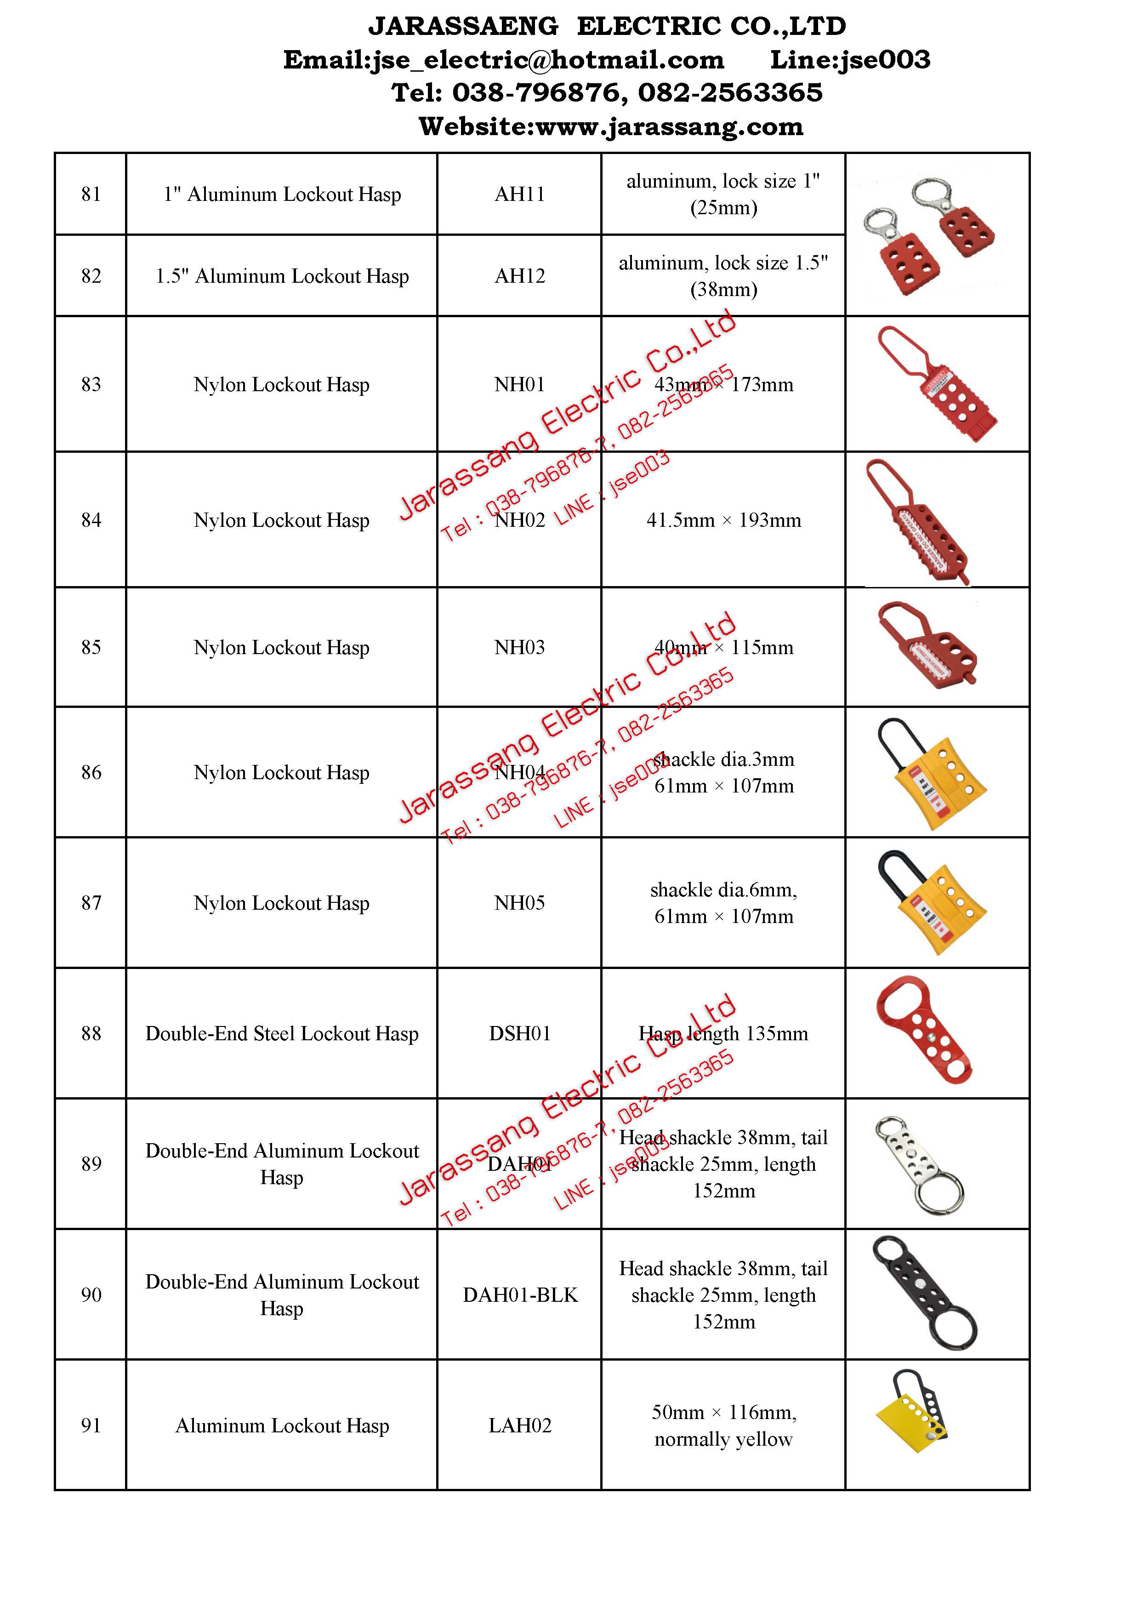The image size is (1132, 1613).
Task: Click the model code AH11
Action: point(520,194)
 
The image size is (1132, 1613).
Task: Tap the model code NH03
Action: point(520,648)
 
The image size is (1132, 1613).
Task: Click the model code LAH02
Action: point(520,1425)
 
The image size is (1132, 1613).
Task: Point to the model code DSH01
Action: point(520,1033)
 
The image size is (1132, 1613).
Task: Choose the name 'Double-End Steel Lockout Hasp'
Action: point(282,1033)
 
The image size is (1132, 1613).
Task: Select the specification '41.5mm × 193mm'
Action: point(723,520)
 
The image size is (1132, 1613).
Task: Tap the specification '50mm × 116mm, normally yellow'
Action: point(723,1425)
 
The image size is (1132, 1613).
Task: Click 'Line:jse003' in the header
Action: point(850,60)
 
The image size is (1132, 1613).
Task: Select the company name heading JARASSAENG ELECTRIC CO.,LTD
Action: point(607,27)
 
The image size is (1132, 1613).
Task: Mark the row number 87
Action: point(91,903)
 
